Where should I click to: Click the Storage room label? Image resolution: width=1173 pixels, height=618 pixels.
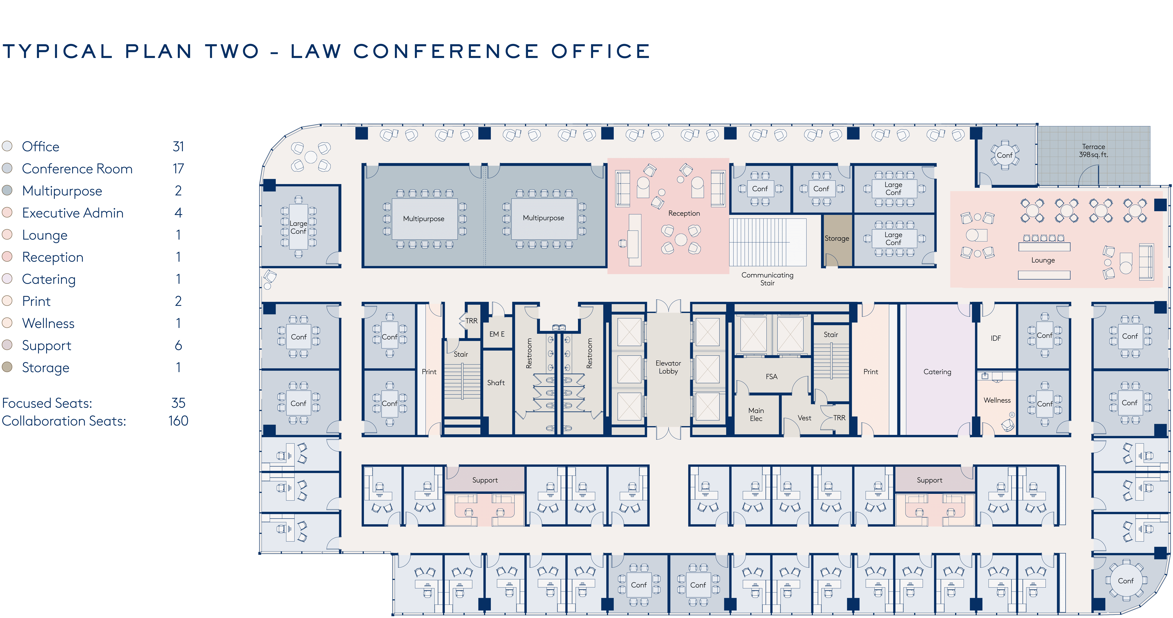[837, 239]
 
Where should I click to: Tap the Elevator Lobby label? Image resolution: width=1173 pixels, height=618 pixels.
[668, 367]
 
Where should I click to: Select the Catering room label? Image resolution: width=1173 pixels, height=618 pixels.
[937, 372]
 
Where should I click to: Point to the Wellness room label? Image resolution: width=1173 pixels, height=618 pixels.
[997, 400]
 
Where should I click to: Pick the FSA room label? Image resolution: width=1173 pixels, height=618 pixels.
[771, 377]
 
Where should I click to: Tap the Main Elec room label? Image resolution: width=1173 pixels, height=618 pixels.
[756, 415]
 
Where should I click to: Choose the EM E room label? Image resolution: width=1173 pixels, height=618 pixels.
[497, 334]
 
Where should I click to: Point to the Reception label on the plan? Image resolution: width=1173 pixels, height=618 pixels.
[684, 213]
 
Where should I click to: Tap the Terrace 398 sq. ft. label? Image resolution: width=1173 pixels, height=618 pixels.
[1093, 151]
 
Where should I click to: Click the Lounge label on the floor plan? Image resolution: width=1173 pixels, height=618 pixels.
[1043, 260]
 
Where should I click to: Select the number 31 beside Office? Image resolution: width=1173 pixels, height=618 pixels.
[178, 146]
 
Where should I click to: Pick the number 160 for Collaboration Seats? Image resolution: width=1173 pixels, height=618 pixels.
[178, 421]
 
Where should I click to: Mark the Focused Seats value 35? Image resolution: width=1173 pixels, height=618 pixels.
[178, 403]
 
